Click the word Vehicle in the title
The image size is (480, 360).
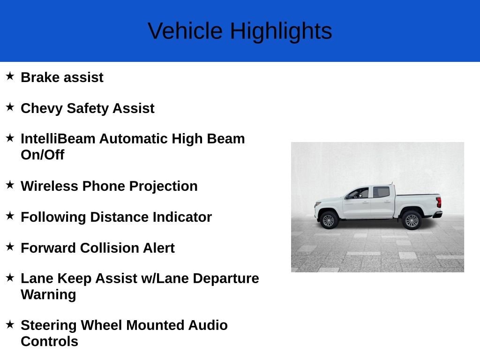(x=185, y=31)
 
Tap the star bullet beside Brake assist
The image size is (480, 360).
(x=10, y=76)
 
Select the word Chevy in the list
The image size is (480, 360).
(x=42, y=109)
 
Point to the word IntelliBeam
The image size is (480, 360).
(x=58, y=139)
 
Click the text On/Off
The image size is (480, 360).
(x=43, y=155)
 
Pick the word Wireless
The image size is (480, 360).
(x=49, y=186)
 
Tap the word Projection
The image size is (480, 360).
(x=163, y=187)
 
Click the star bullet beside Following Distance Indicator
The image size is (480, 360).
(x=10, y=216)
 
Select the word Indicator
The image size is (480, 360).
(x=182, y=217)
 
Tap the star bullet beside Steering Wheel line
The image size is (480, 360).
(x=10, y=324)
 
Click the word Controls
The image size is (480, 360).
(x=49, y=341)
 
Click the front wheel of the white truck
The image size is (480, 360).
(x=329, y=220)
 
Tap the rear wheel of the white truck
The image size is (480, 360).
(x=412, y=220)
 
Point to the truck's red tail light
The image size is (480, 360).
(x=439, y=202)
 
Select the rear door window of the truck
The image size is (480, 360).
(x=381, y=192)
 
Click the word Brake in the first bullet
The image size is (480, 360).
(x=40, y=77)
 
